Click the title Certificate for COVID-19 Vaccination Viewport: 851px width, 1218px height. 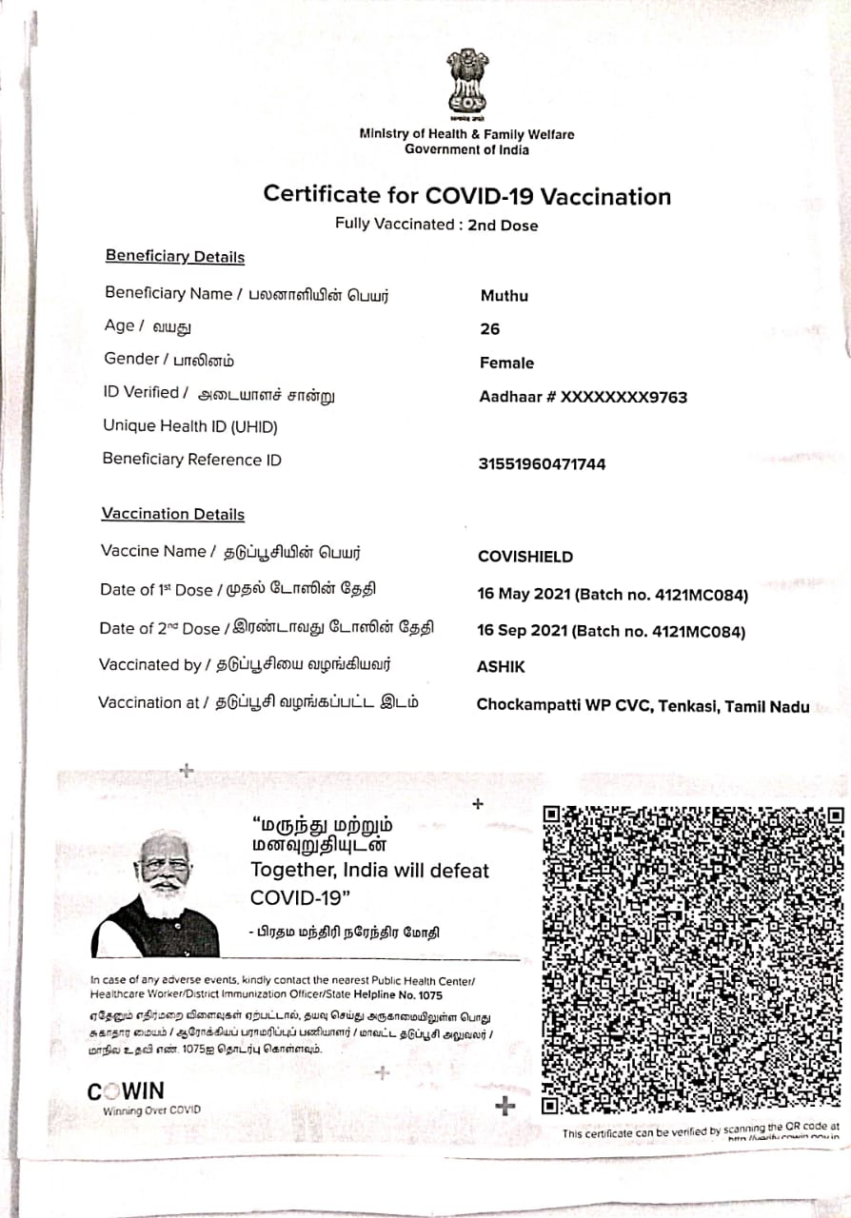pos(466,196)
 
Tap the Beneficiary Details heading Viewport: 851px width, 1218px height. pos(175,257)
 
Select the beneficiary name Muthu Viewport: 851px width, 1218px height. pos(504,296)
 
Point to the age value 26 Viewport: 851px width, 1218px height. pos(490,329)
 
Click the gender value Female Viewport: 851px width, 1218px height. pos(506,363)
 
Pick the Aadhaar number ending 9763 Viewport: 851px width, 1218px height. pos(583,397)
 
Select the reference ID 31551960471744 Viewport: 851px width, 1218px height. pos(542,464)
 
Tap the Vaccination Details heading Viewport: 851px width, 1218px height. pos(173,514)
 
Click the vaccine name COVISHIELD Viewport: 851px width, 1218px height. pos(524,557)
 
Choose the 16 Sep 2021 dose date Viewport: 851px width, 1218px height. pos(523,632)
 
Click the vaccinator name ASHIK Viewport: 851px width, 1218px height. pos(501,668)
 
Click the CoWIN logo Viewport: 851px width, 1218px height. pos(126,1091)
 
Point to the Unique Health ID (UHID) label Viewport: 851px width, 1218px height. pos(190,426)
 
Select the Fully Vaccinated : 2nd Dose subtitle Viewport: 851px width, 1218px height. pos(436,226)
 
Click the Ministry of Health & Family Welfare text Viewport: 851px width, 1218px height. pos(466,134)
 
